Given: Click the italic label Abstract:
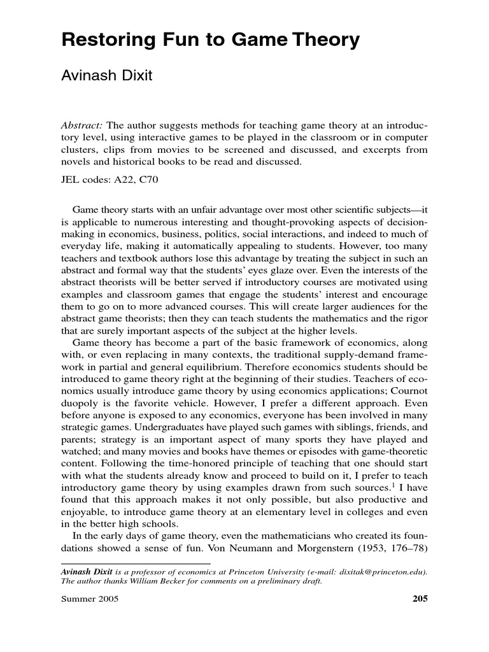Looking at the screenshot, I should (83, 125).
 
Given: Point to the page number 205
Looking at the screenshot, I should (420, 599).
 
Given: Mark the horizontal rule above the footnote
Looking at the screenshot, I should (136, 563).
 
